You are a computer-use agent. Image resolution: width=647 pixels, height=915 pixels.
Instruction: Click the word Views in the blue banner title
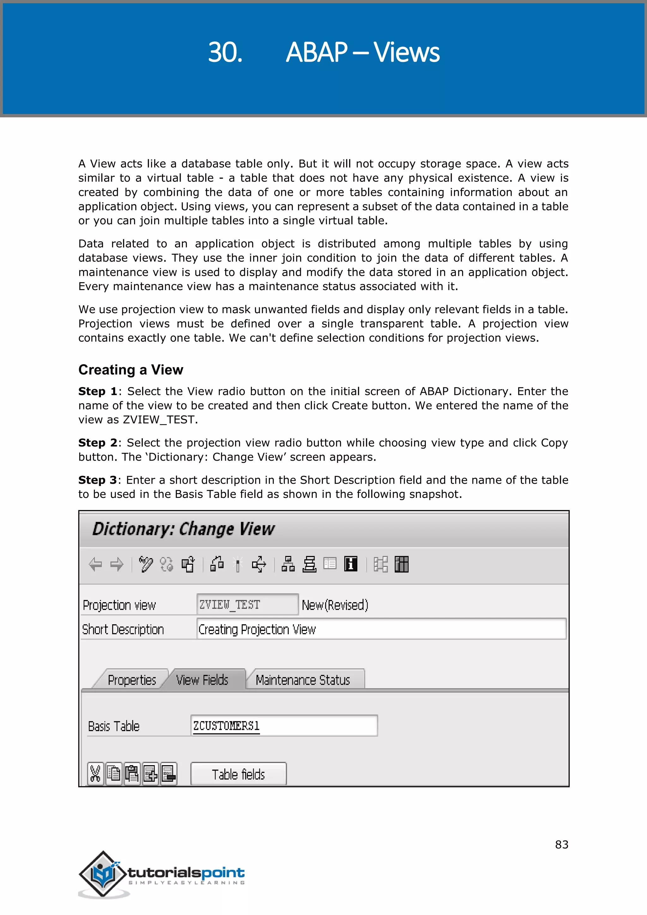pyautogui.click(x=406, y=52)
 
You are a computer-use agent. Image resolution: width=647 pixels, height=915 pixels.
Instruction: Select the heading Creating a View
pyautogui.click(x=131, y=370)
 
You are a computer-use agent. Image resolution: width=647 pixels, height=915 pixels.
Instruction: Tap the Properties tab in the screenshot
pyautogui.click(x=132, y=680)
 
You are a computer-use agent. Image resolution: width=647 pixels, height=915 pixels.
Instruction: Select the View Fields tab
pyautogui.click(x=203, y=680)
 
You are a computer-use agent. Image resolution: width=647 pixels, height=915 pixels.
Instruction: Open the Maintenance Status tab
pyautogui.click(x=303, y=680)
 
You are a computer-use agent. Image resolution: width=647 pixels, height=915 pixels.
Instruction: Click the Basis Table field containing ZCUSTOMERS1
pyautogui.click(x=284, y=726)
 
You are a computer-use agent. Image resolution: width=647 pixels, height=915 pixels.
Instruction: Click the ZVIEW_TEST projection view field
pyautogui.click(x=247, y=604)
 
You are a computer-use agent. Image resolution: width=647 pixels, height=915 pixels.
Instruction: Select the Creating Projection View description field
pyautogui.click(x=381, y=629)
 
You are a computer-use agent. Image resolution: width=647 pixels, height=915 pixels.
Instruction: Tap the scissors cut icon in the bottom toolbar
pyautogui.click(x=95, y=774)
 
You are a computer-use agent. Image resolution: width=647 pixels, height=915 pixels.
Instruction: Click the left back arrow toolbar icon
pyautogui.click(x=96, y=564)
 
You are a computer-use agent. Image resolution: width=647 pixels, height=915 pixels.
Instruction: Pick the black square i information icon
pyautogui.click(x=351, y=564)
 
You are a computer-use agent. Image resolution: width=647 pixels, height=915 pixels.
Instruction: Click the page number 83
pyautogui.click(x=561, y=845)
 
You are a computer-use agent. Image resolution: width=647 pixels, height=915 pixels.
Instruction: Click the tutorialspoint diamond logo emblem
pyautogui.click(x=104, y=874)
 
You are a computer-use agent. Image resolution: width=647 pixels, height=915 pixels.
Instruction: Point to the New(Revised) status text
pyautogui.click(x=335, y=605)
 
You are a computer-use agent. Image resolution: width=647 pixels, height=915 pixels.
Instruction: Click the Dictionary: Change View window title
pyautogui.click(x=183, y=529)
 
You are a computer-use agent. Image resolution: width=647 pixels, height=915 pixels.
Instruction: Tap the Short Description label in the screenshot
pyautogui.click(x=123, y=630)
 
